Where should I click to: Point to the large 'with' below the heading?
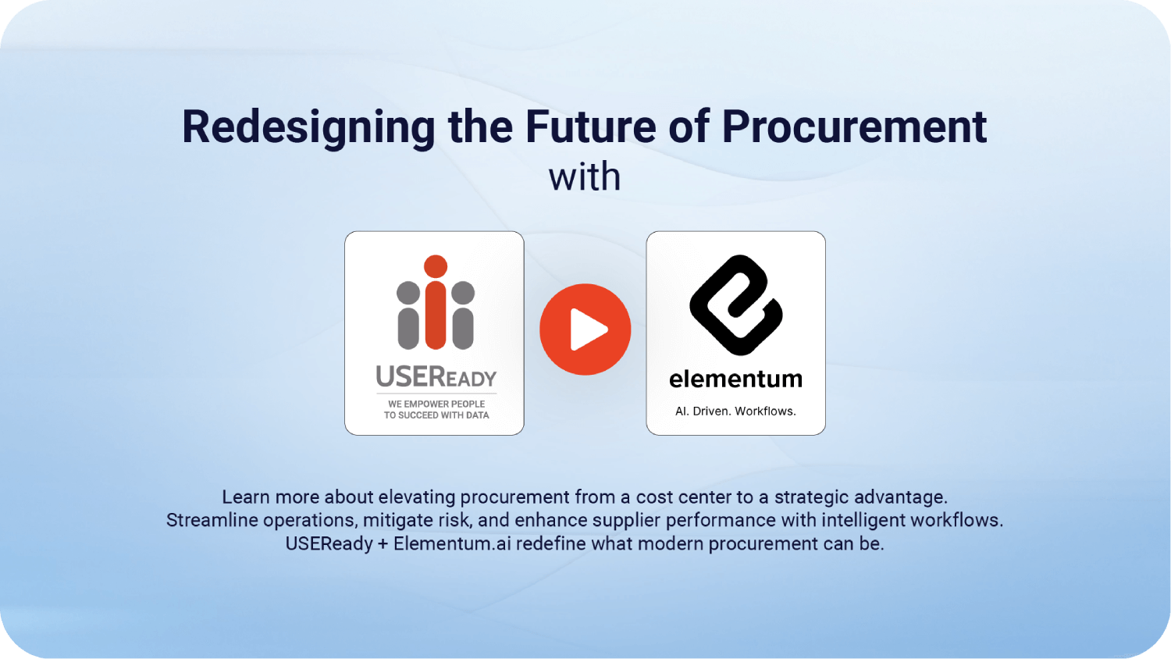pos(585,177)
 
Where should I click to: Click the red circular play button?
pos(585,329)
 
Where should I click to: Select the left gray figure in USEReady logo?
pos(408,315)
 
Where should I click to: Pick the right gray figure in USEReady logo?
pos(463,315)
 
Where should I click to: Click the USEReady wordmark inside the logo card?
pos(436,377)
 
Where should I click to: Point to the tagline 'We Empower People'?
pos(436,404)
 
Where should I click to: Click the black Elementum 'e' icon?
pos(735,305)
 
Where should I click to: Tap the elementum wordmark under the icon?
pos(735,379)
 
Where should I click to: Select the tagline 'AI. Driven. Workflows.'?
pos(735,411)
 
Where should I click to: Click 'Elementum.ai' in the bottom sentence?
pos(452,544)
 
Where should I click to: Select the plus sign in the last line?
pos(383,544)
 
